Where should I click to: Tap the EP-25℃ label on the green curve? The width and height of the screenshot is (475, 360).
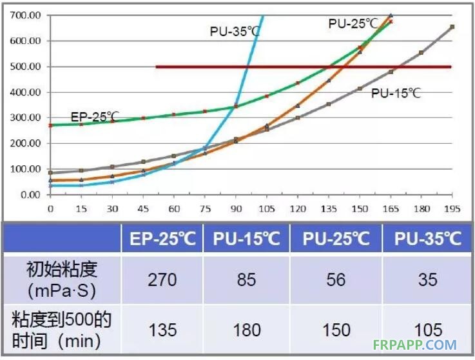(x=95, y=117)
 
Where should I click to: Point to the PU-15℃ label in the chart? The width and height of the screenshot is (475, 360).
(x=396, y=93)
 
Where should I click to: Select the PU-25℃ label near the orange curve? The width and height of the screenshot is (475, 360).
(x=353, y=23)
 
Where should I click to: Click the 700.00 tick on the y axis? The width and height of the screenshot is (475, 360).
(x=26, y=15)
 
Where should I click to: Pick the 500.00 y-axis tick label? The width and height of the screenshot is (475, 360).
(x=26, y=66)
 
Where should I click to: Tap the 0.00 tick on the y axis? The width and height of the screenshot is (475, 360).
(x=31, y=194)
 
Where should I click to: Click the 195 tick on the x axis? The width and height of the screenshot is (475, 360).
(x=452, y=209)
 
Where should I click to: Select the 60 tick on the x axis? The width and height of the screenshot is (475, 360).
(x=173, y=209)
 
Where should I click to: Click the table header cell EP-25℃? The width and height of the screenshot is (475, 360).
(x=162, y=239)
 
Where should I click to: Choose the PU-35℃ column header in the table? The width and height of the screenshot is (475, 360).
(x=428, y=239)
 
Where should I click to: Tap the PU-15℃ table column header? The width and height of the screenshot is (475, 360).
(x=246, y=239)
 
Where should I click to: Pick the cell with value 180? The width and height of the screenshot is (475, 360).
(x=246, y=329)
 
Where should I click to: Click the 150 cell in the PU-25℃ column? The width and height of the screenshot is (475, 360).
(x=336, y=329)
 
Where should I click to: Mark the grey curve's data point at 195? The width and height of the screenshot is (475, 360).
(x=452, y=26)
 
